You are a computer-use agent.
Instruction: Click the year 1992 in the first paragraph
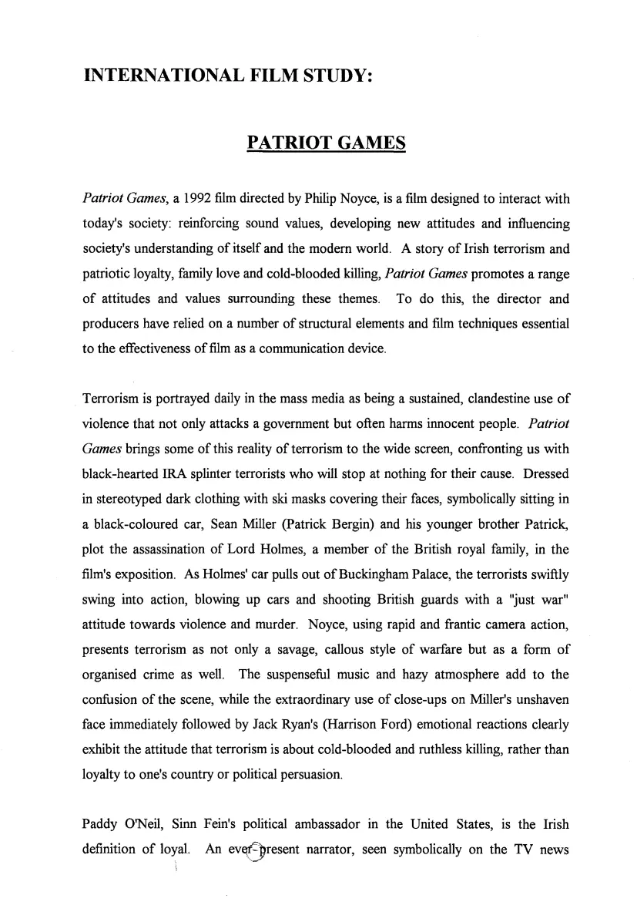pos(196,199)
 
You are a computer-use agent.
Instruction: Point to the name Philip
pos(326,199)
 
